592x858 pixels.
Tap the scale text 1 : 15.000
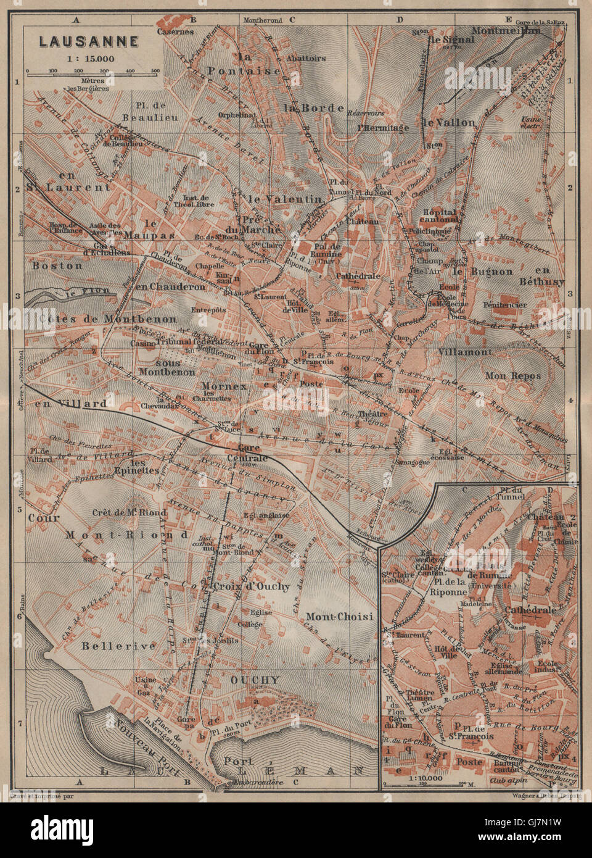pyautogui.click(x=89, y=59)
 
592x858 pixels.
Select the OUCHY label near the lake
pyautogui.click(x=255, y=680)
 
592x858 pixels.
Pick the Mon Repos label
pyautogui.click(x=512, y=375)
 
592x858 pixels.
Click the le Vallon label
pyautogui.click(x=449, y=122)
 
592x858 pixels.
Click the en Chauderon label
pyautogui.click(x=170, y=287)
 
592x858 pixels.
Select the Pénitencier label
pyautogui.click(x=505, y=305)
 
